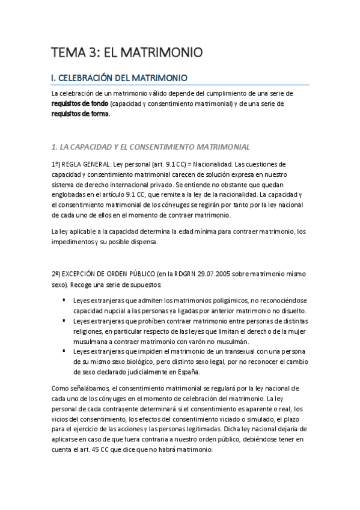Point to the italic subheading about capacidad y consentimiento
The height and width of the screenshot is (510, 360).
pyautogui.click(x=147, y=146)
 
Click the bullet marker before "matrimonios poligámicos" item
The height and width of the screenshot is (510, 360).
pyautogui.click(x=63, y=300)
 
